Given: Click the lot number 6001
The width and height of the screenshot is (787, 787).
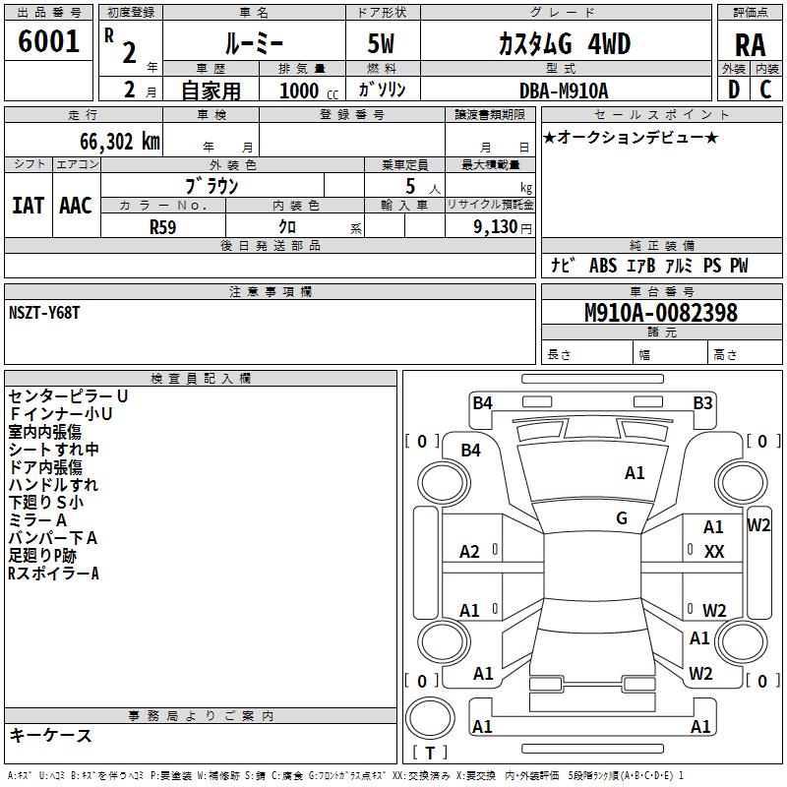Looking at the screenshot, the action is click(49, 41).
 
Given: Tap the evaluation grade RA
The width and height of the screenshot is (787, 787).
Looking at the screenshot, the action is click(750, 45).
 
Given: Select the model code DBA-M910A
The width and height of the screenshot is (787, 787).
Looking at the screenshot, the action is click(564, 91).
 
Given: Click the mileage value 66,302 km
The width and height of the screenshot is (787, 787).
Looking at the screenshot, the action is click(113, 141).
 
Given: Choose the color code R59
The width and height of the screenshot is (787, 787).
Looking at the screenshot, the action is click(162, 226).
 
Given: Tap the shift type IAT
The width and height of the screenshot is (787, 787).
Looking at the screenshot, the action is click(28, 205).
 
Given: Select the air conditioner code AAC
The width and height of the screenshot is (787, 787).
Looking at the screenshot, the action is click(76, 205).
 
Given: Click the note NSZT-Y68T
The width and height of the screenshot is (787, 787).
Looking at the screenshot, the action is click(44, 312).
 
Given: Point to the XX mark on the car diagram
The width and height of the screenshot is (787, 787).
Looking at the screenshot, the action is click(714, 552).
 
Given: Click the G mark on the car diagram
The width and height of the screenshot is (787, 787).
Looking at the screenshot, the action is click(622, 518).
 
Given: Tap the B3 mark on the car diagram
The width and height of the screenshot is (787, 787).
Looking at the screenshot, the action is click(702, 402).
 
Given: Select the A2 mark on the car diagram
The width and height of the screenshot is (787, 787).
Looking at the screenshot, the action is click(470, 552).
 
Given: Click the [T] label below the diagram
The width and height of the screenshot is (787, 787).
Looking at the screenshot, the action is click(430, 753).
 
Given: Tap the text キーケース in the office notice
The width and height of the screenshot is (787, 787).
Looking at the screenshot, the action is click(50, 735).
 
